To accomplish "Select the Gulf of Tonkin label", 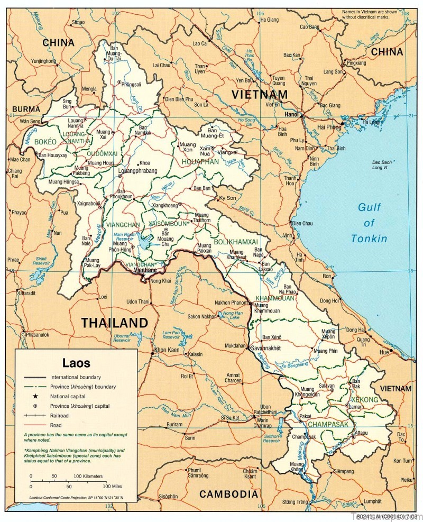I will tap(369, 223).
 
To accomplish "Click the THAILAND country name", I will tap(114, 323).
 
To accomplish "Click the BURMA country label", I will tap(26, 109).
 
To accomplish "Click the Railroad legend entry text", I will tap(61, 416).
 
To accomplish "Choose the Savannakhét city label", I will tap(265, 349).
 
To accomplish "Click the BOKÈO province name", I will tap(45, 142).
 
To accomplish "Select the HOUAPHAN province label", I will tap(200, 162).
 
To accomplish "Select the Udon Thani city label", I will tap(137, 301).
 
